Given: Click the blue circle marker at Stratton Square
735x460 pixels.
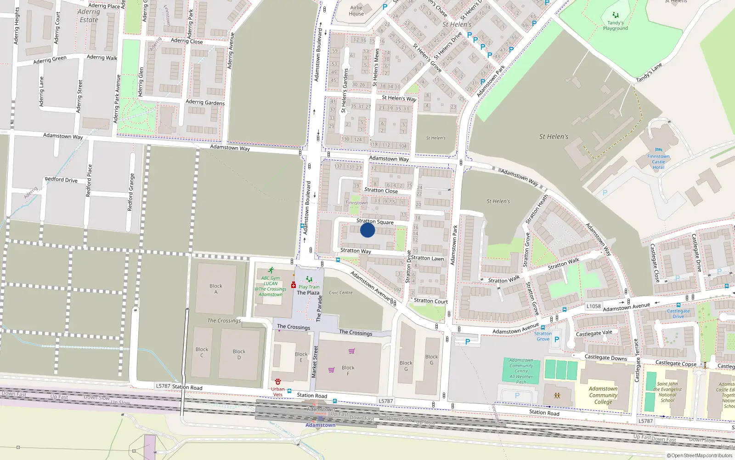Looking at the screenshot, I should pyautogui.click(x=367, y=230).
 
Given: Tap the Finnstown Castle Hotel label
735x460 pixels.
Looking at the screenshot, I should pyautogui.click(x=658, y=162).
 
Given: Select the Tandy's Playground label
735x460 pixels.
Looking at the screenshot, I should pyautogui.click(x=615, y=25).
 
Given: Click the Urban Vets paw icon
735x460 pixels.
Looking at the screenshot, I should pyautogui.click(x=278, y=382).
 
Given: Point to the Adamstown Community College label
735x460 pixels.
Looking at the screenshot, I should pyautogui.click(x=603, y=395).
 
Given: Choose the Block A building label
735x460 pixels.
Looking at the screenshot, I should pyautogui.click(x=216, y=289).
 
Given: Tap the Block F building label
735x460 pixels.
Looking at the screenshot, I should pyautogui.click(x=348, y=370).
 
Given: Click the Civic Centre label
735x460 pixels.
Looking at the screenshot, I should pyautogui.click(x=341, y=293).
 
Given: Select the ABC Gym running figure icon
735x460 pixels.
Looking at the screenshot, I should pyautogui.click(x=271, y=270).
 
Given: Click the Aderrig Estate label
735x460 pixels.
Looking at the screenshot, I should pyautogui.click(x=89, y=16).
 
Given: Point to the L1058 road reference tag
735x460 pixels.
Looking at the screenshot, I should pyautogui.click(x=594, y=306).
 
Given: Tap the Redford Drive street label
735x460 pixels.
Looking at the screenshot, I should pyautogui.click(x=61, y=179).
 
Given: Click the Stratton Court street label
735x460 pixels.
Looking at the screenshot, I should pyautogui.click(x=430, y=301).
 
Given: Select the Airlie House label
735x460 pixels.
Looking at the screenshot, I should pyautogui.click(x=356, y=11).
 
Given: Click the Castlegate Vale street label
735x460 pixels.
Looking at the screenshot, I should pyautogui.click(x=594, y=333).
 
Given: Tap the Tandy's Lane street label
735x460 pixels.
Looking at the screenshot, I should pyautogui.click(x=649, y=73).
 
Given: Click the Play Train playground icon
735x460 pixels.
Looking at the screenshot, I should pyautogui.click(x=309, y=279).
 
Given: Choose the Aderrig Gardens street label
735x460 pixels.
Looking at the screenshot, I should pyautogui.click(x=205, y=102).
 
